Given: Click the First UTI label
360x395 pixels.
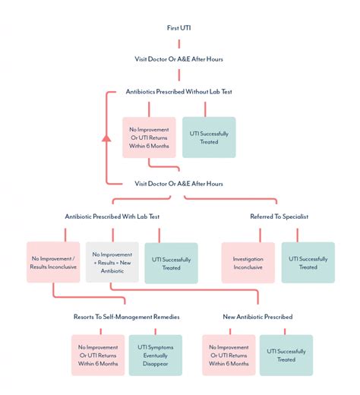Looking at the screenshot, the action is [x=178, y=28].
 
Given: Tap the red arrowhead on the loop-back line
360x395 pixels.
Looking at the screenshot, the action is [x=106, y=137].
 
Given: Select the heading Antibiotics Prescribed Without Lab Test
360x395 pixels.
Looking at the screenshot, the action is [x=178, y=92].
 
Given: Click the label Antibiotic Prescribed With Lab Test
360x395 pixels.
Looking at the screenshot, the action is [x=112, y=216].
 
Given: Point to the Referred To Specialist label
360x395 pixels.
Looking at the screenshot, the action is [x=279, y=216].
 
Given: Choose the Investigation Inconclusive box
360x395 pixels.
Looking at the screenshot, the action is [x=248, y=263].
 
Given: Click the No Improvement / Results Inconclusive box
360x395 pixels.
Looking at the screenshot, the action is [x=53, y=262].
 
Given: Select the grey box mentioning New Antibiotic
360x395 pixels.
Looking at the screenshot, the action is [x=112, y=262].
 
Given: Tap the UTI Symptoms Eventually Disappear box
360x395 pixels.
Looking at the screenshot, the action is [x=156, y=355].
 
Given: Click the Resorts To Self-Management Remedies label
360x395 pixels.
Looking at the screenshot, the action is [x=126, y=317].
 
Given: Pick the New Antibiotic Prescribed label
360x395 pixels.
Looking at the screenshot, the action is [x=257, y=317].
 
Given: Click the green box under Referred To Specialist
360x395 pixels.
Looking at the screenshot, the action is [x=308, y=263].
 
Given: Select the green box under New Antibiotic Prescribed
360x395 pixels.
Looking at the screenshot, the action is [x=286, y=355].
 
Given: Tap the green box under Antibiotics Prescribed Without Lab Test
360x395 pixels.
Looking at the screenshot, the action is [x=209, y=137].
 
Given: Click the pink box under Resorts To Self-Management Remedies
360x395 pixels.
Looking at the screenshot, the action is [x=98, y=355].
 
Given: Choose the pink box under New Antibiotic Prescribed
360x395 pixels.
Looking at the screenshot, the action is [x=229, y=355].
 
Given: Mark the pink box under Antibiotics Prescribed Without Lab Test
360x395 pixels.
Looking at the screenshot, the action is [x=149, y=137].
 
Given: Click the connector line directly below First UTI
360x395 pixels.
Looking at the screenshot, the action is [x=179, y=44].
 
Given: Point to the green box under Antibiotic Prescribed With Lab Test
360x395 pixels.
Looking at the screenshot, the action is [x=171, y=263].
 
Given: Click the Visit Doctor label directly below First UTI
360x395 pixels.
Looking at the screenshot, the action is [x=178, y=59].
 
